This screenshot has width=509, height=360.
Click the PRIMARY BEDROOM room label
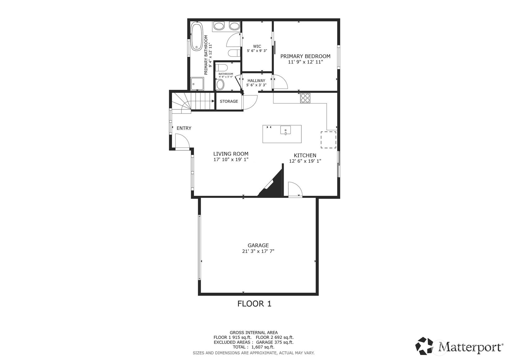pos(305,56)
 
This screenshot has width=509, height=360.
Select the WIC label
pos(257,46)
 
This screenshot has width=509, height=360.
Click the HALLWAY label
pos(256,80)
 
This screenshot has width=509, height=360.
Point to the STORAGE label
pos(229,101)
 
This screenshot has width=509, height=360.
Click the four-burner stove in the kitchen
pos(305,98)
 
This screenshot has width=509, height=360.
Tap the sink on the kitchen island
pos(286,130)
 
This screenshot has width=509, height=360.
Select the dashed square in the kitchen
pos(328,139)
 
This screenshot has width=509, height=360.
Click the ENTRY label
pos(184,128)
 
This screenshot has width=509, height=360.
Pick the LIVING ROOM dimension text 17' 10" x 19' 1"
pos(231,160)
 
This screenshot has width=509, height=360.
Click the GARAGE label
pos(258,245)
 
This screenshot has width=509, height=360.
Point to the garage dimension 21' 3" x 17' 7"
pos(258,251)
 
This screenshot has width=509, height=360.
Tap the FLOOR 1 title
pos(254,304)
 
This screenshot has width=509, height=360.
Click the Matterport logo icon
pos(425,345)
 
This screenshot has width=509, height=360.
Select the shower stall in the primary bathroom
pos(197,83)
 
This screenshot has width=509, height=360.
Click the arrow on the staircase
pos(213,101)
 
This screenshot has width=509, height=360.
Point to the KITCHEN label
pos(305,155)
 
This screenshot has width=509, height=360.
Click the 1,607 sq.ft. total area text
pos(263,347)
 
